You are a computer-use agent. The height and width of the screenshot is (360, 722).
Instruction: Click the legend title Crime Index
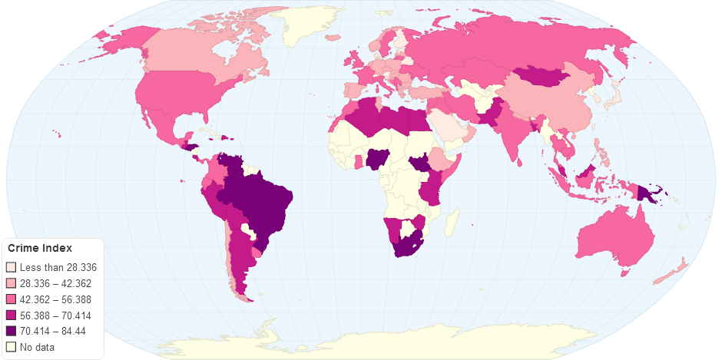(x=40, y=249)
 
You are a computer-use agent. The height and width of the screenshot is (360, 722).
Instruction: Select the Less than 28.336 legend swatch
(x=11, y=267)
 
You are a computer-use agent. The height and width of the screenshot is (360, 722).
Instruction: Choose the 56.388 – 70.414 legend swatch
(x=11, y=315)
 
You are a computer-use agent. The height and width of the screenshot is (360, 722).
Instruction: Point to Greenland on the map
(x=311, y=27)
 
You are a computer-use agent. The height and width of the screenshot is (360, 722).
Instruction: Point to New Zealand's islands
(x=676, y=269)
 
